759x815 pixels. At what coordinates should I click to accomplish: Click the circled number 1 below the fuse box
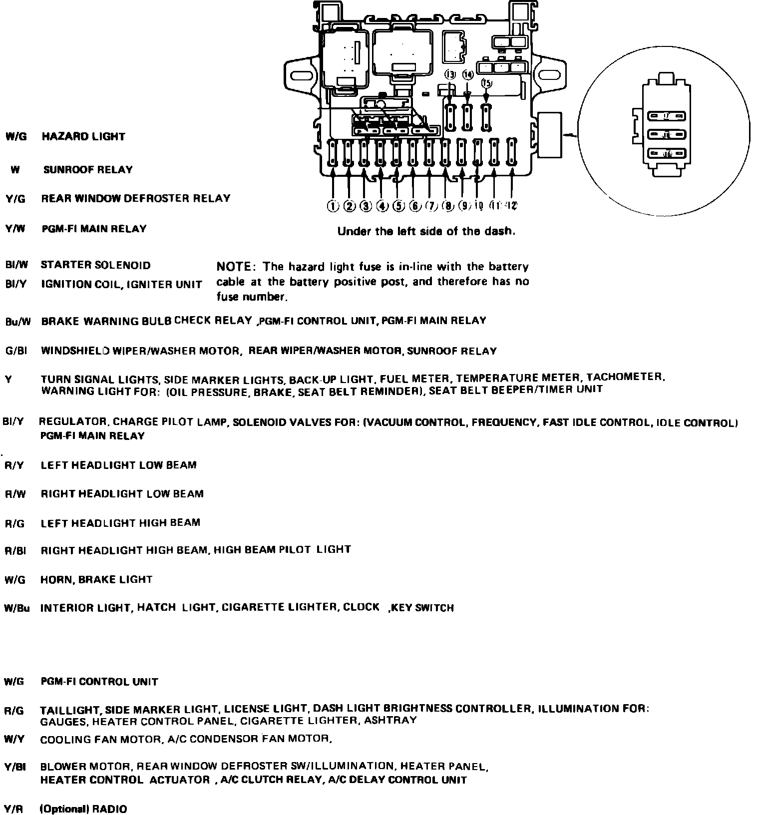(333, 206)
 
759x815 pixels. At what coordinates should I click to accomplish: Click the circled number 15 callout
(486, 83)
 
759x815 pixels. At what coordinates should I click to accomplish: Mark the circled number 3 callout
(366, 206)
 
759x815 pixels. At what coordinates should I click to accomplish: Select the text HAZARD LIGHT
(83, 136)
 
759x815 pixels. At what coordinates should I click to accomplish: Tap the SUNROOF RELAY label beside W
(88, 169)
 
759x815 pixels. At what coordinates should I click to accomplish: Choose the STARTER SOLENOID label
(95, 265)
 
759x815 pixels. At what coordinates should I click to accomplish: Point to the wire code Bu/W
(17, 322)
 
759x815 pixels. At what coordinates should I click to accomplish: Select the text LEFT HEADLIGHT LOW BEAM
(119, 465)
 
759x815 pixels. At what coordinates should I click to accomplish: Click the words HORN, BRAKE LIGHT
(96, 579)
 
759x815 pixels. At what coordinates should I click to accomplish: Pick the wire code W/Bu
(17, 608)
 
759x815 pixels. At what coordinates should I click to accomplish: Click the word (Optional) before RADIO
(62, 809)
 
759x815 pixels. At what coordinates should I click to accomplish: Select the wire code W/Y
(14, 739)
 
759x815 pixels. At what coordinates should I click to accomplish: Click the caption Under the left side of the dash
(426, 231)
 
